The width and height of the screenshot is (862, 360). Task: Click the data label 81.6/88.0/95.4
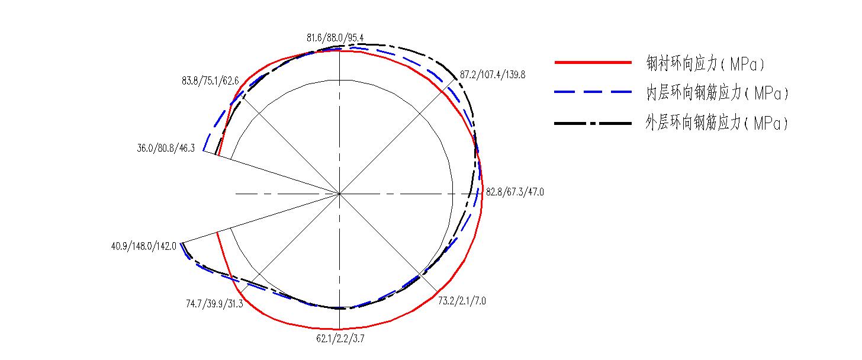335,38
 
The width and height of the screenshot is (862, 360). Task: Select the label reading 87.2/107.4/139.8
493,75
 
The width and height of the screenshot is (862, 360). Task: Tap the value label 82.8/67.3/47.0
515,192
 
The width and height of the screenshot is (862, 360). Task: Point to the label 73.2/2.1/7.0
462,301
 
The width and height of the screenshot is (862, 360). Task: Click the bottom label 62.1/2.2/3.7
340,339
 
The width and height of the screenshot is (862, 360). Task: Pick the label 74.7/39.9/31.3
214,304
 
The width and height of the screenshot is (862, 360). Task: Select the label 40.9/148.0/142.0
143,246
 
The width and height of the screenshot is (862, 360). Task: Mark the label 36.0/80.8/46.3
166,148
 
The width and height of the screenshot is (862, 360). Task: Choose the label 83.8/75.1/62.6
210,81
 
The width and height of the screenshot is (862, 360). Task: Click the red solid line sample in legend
593,62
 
